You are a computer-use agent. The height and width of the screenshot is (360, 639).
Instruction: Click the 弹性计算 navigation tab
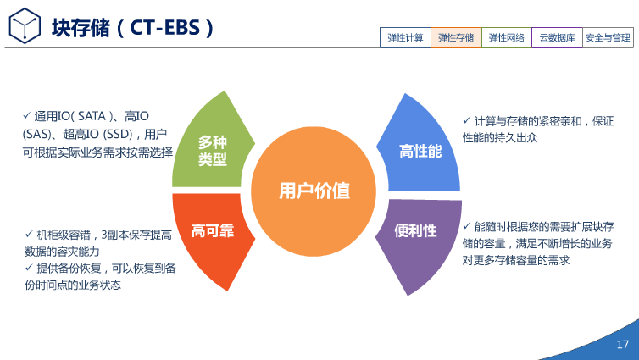tap(405, 37)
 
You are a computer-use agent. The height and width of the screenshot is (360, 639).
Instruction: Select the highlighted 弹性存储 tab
tap(456, 37)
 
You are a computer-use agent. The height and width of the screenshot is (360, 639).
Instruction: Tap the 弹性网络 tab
tap(507, 37)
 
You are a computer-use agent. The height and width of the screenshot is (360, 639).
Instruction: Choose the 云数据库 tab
tap(557, 37)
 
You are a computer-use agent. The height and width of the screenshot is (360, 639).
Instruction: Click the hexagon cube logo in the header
tap(25, 26)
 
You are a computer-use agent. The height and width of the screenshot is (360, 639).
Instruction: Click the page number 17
tap(623, 345)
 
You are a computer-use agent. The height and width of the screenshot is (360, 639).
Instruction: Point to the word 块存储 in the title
tap(80, 27)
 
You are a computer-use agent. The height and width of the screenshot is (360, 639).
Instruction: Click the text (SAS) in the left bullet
tap(36, 134)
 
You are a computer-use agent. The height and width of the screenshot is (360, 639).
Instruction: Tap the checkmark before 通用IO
tap(27, 115)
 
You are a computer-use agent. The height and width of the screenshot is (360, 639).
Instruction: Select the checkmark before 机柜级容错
tap(28, 234)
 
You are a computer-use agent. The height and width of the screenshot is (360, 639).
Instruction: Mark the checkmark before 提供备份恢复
tap(28, 268)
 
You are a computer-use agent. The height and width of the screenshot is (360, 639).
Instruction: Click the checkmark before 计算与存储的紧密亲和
tap(466, 120)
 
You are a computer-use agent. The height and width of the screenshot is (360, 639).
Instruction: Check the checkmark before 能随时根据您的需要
tap(466, 226)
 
